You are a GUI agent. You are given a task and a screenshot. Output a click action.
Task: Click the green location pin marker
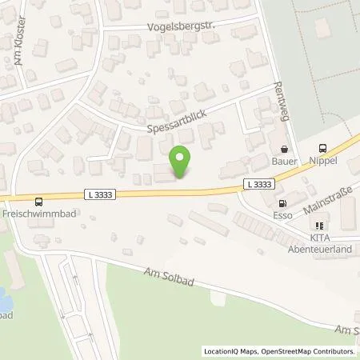(182, 160)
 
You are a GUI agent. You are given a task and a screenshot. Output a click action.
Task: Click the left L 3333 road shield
(101, 194)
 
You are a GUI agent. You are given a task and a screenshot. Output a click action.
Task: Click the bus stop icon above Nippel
(322, 148)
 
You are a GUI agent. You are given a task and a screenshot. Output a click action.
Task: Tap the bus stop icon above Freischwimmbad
(38, 202)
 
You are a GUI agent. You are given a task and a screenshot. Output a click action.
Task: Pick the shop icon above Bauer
(284, 149)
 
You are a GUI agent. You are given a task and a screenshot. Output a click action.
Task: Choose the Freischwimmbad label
(36, 215)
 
